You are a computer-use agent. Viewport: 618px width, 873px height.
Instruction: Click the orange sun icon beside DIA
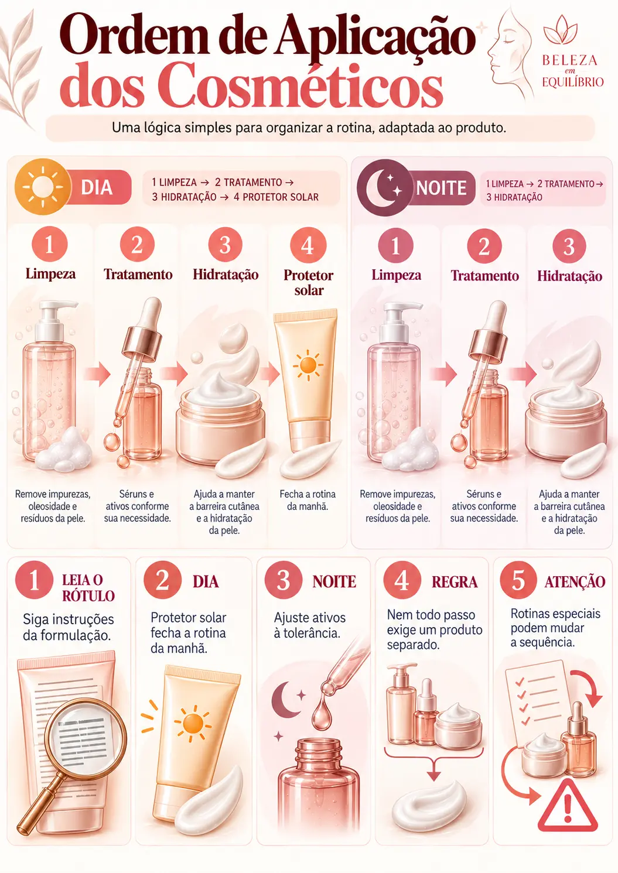click(x=43, y=187)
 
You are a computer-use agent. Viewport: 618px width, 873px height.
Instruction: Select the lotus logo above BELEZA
click(x=561, y=30)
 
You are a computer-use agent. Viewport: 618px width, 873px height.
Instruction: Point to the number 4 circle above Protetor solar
click(x=308, y=245)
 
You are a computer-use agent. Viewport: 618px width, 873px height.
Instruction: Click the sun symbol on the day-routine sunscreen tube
click(x=308, y=365)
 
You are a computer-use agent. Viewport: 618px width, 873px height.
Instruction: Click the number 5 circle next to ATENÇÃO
click(x=518, y=580)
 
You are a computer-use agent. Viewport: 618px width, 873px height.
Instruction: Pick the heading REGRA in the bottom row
click(x=454, y=582)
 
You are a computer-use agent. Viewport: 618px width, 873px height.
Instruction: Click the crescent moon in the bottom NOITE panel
click(x=285, y=699)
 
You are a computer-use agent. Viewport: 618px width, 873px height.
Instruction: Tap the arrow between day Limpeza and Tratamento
click(x=97, y=374)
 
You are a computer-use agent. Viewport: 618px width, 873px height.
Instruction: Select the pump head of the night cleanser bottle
click(x=398, y=314)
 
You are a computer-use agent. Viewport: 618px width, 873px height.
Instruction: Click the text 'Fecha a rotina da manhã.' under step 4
click(x=308, y=500)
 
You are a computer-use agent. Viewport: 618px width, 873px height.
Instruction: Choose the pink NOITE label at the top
click(x=441, y=188)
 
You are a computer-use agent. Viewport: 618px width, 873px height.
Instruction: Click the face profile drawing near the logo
click(x=511, y=51)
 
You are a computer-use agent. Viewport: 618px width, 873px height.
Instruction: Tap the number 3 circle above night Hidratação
click(x=569, y=247)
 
